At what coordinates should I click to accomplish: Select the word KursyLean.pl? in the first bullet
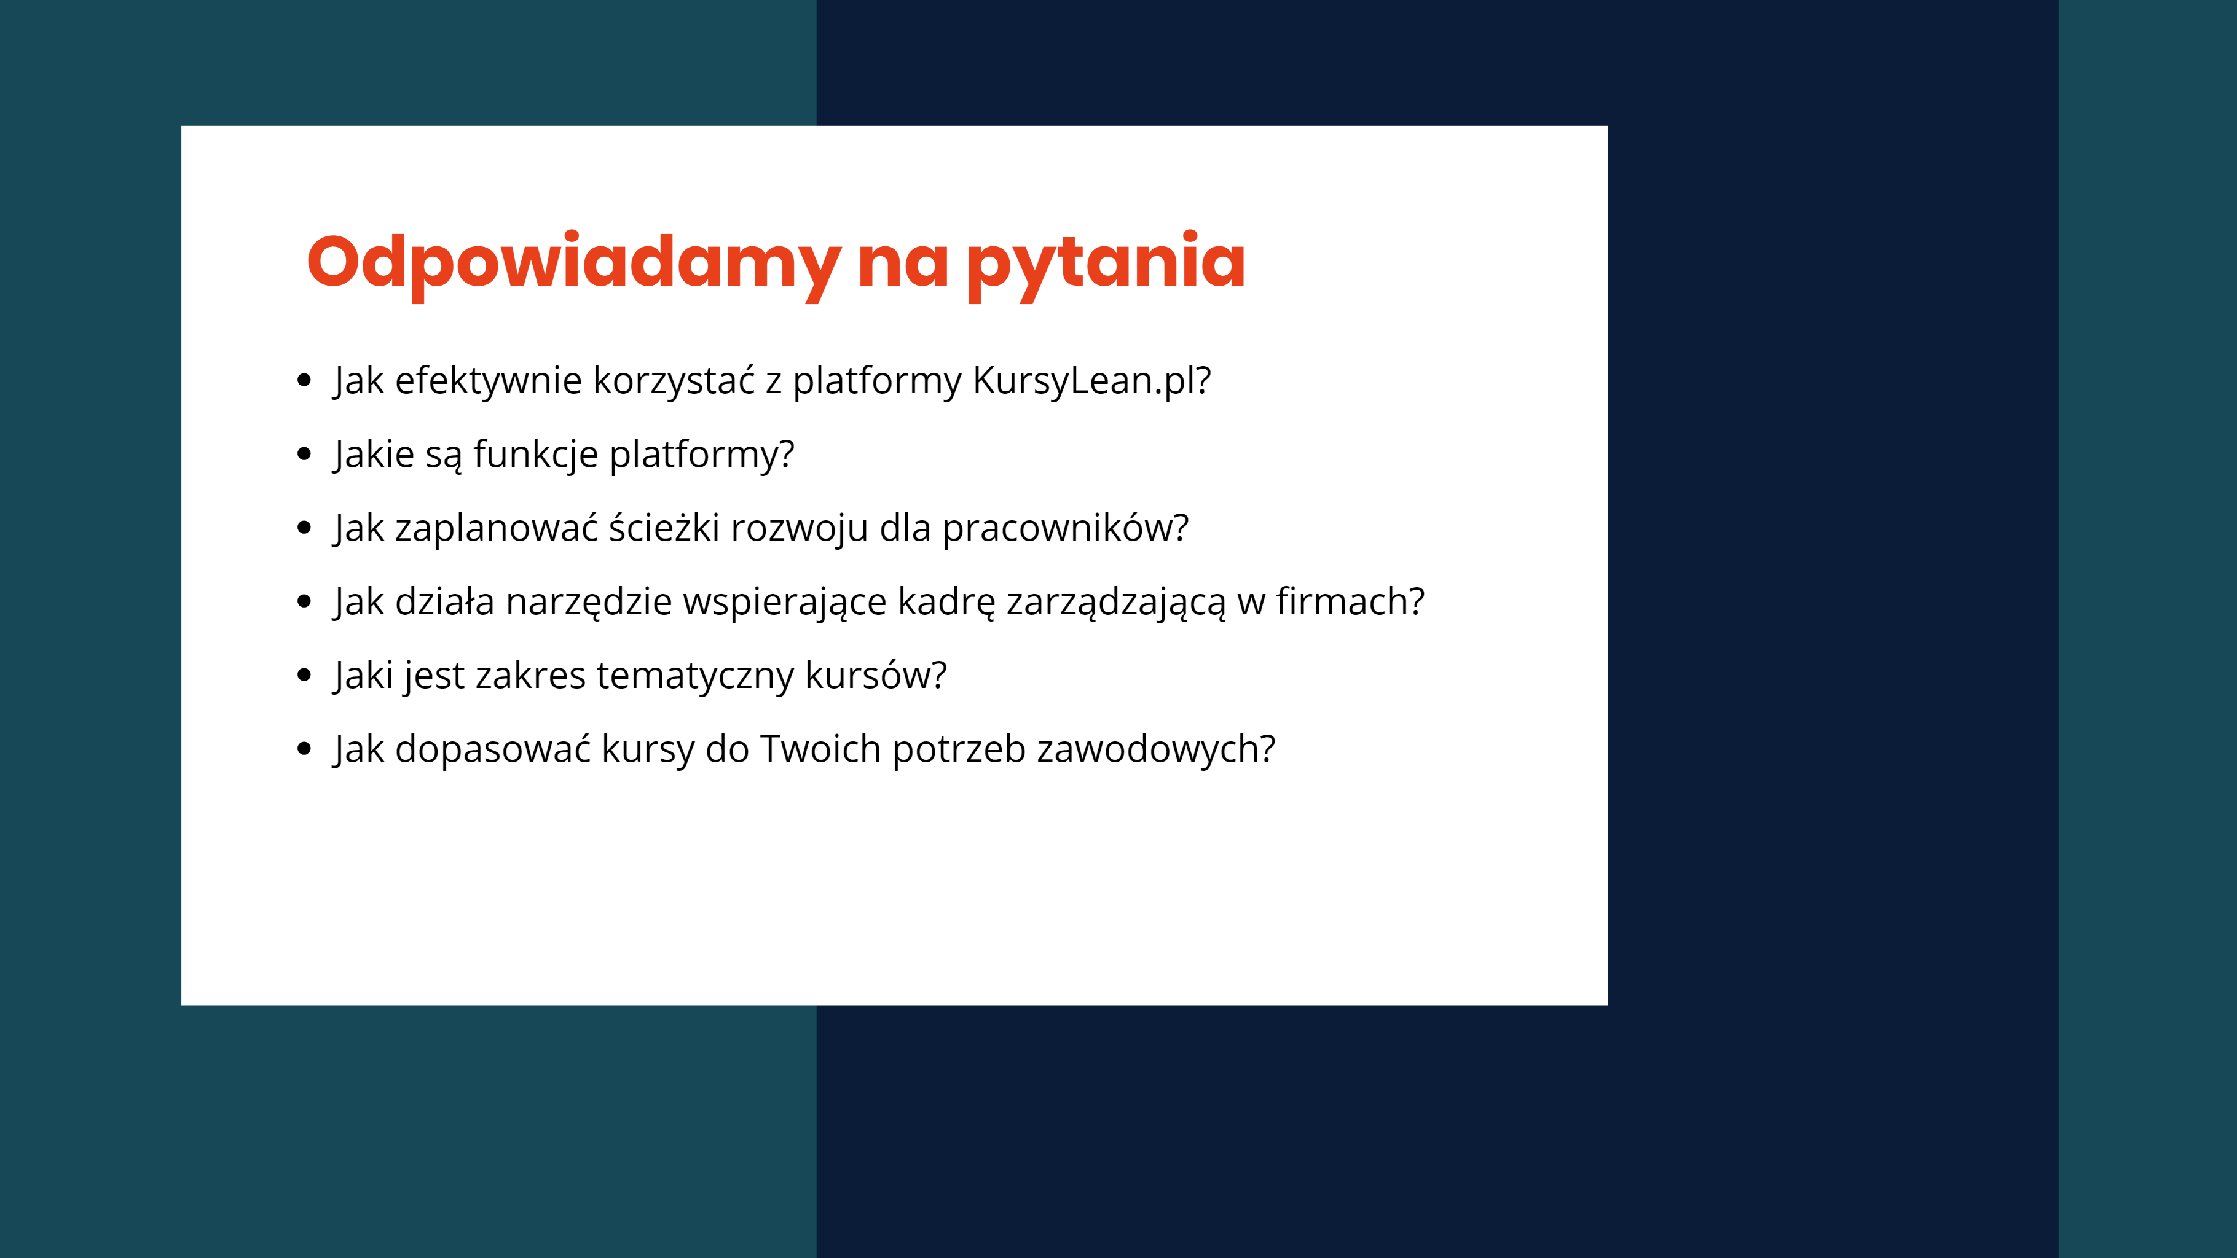point(1091,380)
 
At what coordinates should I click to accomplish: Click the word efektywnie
point(488,380)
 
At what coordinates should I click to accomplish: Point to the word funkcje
point(536,454)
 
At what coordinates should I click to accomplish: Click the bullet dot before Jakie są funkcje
point(304,453)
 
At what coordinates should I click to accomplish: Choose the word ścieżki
point(664,528)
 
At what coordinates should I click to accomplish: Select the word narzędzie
point(589,601)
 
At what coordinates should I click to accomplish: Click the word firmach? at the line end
point(1350,601)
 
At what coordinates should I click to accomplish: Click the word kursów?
point(875,676)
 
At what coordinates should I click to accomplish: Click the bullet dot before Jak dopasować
point(304,748)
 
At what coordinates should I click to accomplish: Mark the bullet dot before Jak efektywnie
point(304,380)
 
